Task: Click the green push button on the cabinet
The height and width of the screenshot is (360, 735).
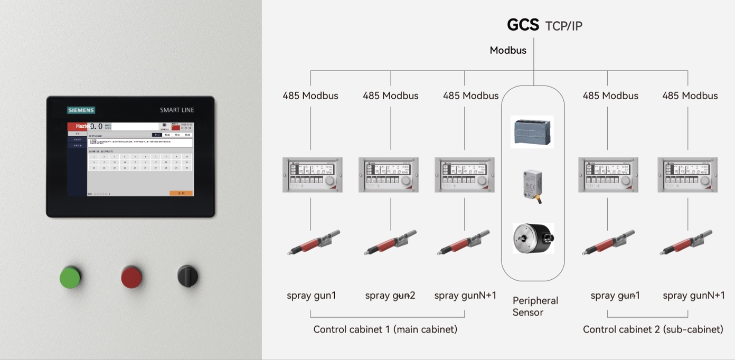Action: tap(70, 277)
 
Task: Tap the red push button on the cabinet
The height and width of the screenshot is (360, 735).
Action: tap(131, 277)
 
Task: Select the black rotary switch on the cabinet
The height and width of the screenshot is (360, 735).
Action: tap(187, 276)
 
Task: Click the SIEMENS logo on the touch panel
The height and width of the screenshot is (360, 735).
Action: tap(81, 110)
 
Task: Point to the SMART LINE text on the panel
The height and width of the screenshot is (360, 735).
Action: tap(177, 110)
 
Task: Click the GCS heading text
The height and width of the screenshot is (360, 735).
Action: tap(523, 25)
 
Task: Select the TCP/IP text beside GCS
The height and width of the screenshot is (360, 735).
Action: tap(564, 26)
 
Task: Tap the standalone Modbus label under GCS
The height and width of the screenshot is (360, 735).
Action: tap(508, 51)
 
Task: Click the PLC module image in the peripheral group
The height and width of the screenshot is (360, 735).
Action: tap(532, 131)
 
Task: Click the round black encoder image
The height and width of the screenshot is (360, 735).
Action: tap(533, 239)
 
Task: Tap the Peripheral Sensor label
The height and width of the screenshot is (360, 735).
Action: tap(535, 306)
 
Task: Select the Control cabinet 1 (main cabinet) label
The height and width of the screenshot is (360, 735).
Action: tap(385, 329)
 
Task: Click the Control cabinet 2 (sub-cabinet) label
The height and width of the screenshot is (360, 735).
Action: tap(653, 329)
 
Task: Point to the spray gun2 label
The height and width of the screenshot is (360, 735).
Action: tap(390, 296)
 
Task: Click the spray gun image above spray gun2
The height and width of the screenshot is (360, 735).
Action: tap(390, 242)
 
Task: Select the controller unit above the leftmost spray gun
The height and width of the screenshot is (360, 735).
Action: tap(312, 175)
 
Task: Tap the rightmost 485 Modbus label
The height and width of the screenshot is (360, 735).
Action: tap(690, 96)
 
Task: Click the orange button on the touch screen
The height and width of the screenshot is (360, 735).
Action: tap(181, 193)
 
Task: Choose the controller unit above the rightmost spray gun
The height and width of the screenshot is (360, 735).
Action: tap(687, 175)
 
